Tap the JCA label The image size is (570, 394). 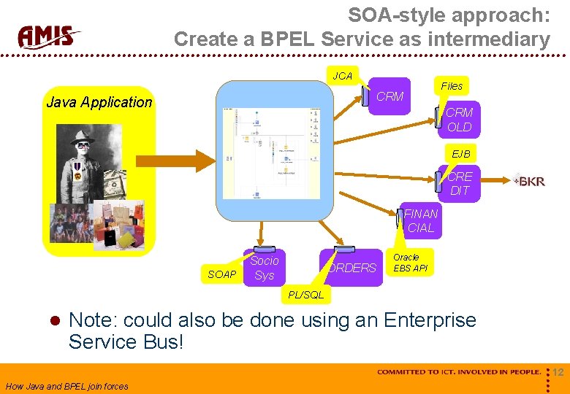[x=342, y=76]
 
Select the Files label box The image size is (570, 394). [x=452, y=86]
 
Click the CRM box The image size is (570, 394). [x=389, y=96]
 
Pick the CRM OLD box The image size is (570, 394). [x=459, y=120]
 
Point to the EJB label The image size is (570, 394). [x=461, y=154]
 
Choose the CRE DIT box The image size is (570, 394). [x=459, y=183]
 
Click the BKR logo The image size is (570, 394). [x=529, y=181]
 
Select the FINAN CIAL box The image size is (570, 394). [x=421, y=221]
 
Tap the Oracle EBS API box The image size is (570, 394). [x=409, y=263]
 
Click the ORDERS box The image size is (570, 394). [x=351, y=268]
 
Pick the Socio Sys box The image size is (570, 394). [x=264, y=268]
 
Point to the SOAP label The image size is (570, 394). [x=222, y=274]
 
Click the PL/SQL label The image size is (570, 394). [x=305, y=295]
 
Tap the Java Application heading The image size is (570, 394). [x=99, y=102]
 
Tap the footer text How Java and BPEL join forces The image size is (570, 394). [x=66, y=387]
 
